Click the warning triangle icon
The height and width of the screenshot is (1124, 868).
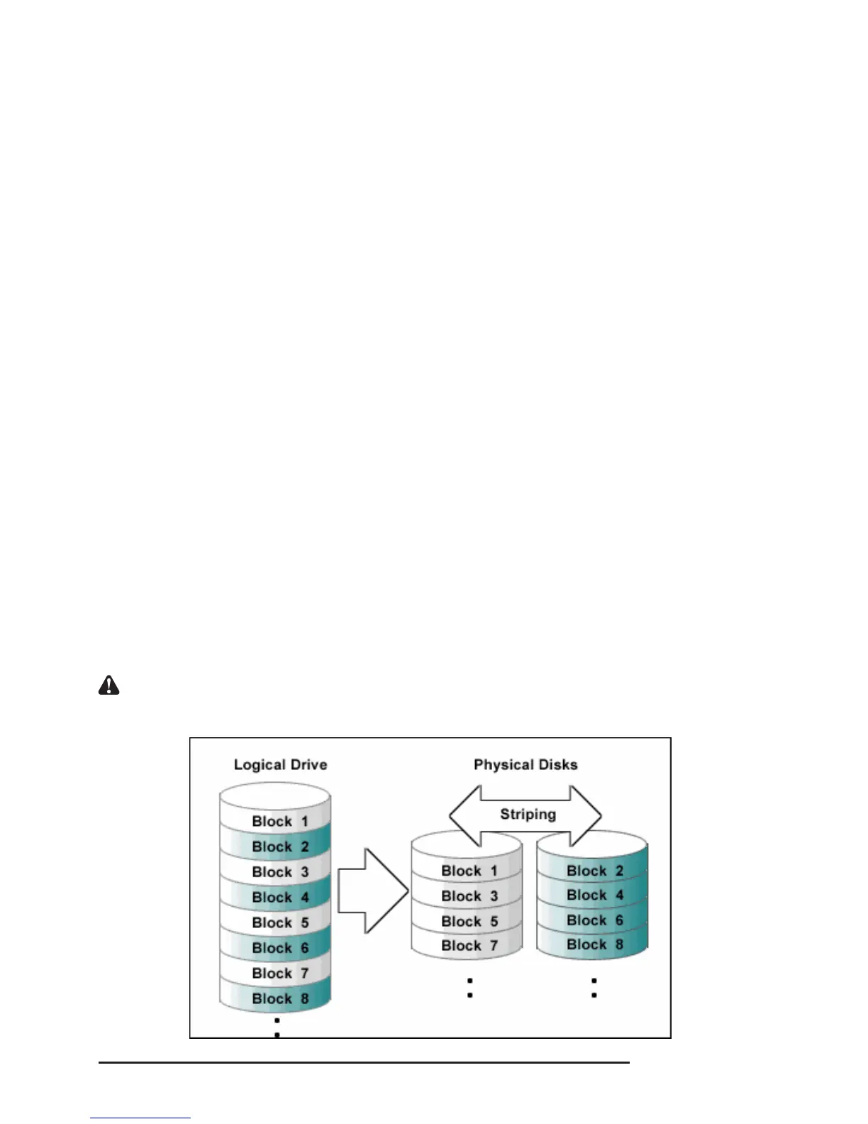108,685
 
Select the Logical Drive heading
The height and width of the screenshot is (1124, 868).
280,765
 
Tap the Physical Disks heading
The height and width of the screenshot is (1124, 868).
525,765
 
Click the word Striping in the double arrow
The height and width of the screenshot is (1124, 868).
528,814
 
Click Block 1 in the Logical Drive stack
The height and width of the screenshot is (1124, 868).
280,822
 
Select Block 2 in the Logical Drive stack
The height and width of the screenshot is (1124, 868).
280,847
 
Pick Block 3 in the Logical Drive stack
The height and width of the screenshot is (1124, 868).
280,872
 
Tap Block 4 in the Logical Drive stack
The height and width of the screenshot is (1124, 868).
280,898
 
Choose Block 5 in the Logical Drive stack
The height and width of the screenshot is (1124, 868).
280,922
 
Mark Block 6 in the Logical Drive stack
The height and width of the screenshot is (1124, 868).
280,948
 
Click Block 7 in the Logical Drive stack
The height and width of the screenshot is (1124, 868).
280,973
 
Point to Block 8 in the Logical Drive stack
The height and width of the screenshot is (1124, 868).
280,998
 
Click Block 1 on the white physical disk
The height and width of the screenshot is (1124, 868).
469,871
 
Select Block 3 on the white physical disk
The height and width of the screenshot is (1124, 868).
469,896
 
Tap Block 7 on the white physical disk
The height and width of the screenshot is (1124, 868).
469,946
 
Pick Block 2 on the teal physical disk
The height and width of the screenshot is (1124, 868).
594,871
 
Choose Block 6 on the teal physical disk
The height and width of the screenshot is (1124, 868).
594,920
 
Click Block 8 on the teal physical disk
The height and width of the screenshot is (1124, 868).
594,944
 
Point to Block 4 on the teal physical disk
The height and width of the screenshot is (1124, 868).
594,896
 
